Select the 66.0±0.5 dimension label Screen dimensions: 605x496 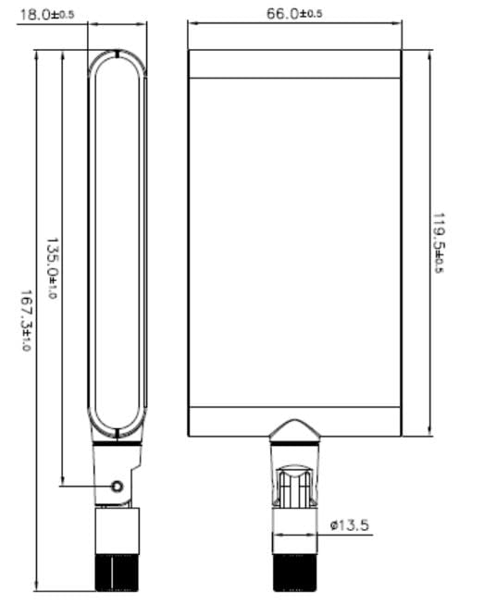pos(293,13)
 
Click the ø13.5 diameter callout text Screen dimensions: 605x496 pos(350,525)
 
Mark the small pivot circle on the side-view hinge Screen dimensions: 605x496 pos(117,486)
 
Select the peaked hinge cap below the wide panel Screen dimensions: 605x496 pos(294,429)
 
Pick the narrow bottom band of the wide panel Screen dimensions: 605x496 pos(294,421)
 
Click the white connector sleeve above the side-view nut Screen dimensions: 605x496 pos(117,531)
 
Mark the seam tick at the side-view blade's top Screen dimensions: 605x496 pos(118,55)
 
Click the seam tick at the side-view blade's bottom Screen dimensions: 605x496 pos(118,433)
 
